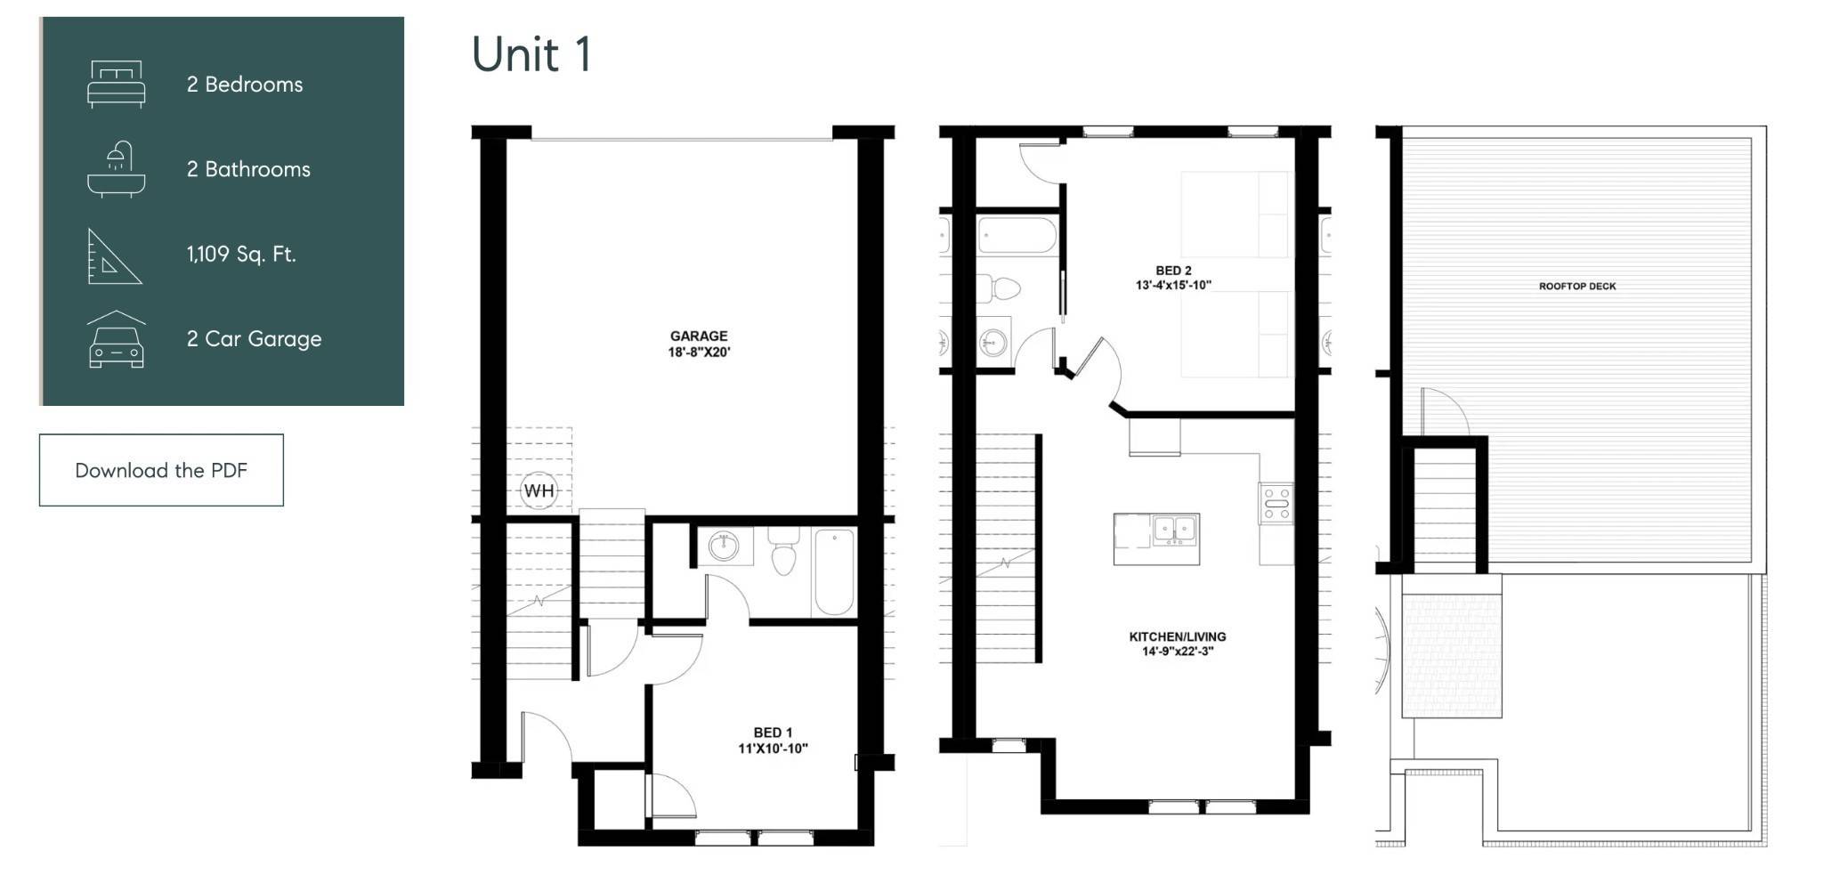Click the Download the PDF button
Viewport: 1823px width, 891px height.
(161, 470)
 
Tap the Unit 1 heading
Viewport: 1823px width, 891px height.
(531, 54)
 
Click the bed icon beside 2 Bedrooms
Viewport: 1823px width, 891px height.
(116, 85)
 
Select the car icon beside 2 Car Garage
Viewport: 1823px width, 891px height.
(116, 339)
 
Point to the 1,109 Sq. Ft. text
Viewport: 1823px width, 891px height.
(241, 254)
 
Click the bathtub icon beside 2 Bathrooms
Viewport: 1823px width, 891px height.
(116, 169)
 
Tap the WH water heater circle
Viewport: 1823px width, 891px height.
(539, 490)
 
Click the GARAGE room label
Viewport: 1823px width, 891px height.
(699, 336)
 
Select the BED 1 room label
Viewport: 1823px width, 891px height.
(773, 733)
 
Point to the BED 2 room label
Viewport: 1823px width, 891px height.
(1173, 271)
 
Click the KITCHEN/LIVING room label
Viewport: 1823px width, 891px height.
(1178, 636)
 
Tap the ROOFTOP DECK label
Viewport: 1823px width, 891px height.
(1577, 287)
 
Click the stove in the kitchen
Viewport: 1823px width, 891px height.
(1276, 504)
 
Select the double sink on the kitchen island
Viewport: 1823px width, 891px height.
(1175, 530)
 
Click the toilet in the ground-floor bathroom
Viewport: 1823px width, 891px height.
(783, 551)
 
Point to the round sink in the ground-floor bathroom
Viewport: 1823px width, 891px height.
(724, 547)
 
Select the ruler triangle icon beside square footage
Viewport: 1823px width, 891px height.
(114, 256)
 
